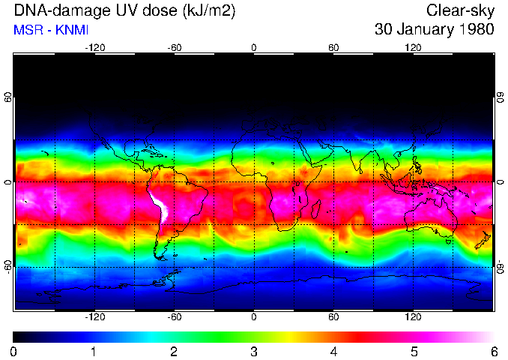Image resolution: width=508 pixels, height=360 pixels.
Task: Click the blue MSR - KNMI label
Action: point(46,30)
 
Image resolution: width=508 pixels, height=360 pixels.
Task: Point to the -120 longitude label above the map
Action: point(94,47)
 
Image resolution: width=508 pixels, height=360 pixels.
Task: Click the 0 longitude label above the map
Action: point(254,47)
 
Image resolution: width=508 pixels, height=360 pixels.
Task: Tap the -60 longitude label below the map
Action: point(175,317)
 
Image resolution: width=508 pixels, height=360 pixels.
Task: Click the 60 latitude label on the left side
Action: point(8,100)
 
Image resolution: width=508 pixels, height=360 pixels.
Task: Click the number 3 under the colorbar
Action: point(254,351)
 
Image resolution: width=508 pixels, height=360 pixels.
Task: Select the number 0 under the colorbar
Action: point(14,351)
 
